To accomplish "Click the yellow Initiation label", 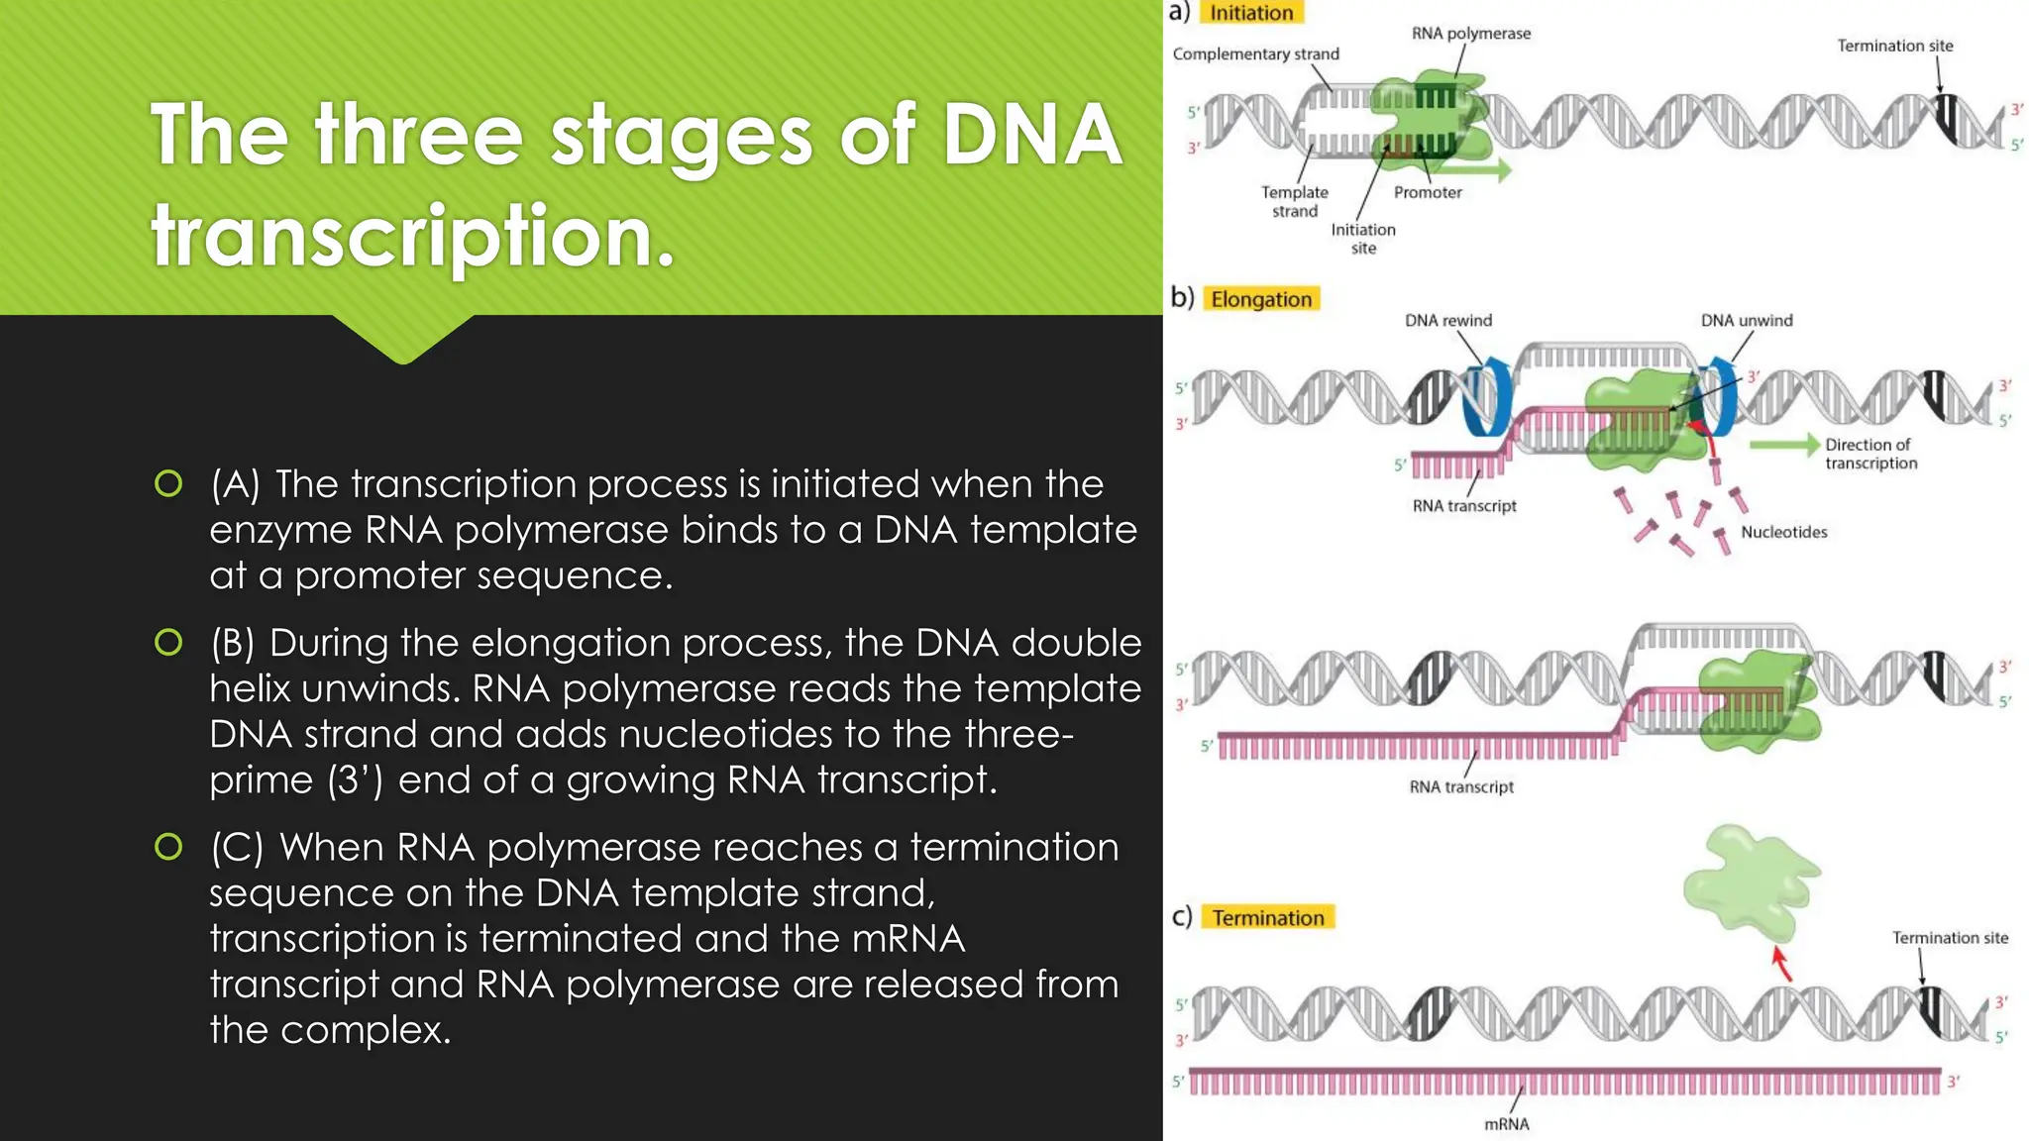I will [1251, 13].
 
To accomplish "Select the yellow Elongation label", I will [1260, 299].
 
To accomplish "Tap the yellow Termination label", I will [1267, 918].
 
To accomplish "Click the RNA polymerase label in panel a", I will [1470, 34].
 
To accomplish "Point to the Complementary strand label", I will [1255, 54].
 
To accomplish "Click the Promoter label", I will [1427, 193].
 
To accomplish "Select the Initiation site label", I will [1362, 239].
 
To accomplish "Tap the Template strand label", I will [1294, 202].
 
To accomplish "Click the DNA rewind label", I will [1447, 321].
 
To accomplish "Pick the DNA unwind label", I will [1746, 321].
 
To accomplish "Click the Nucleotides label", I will [1783, 533].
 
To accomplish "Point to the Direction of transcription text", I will [1869, 455].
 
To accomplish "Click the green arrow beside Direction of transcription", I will [1784, 445].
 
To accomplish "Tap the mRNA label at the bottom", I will [1506, 1124].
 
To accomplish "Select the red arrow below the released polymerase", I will [1780, 963].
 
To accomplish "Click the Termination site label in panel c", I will [1949, 938].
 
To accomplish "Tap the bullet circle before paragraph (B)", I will [168, 643].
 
